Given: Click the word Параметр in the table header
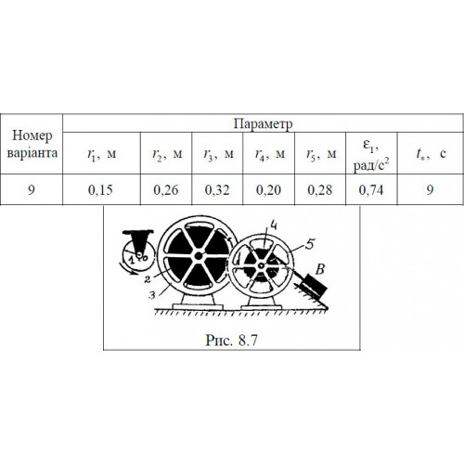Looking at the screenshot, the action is click(263, 124).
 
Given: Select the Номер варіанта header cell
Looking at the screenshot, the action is click(32, 144).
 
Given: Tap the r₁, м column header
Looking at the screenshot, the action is click(101, 154).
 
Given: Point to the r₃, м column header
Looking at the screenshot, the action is click(218, 154).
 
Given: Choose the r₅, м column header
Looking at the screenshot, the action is click(321, 154).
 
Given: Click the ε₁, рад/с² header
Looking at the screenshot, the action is click(371, 154).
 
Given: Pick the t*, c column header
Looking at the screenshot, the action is click(431, 153).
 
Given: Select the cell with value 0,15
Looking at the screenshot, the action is click(100, 190).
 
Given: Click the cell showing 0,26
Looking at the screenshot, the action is click(166, 190).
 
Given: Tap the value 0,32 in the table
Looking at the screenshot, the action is click(217, 190).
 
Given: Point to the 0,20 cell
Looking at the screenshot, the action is click(268, 190).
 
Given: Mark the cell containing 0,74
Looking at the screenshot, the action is click(371, 190).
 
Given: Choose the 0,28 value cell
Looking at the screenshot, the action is click(320, 190).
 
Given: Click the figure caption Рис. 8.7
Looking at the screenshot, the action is click(231, 341).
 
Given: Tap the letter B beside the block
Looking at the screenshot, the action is click(320, 269).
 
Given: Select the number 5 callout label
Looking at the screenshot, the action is click(310, 244).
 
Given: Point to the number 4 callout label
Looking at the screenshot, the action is click(273, 226).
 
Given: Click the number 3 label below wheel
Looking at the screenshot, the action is click(152, 295).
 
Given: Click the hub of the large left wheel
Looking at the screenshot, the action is click(199, 256).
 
